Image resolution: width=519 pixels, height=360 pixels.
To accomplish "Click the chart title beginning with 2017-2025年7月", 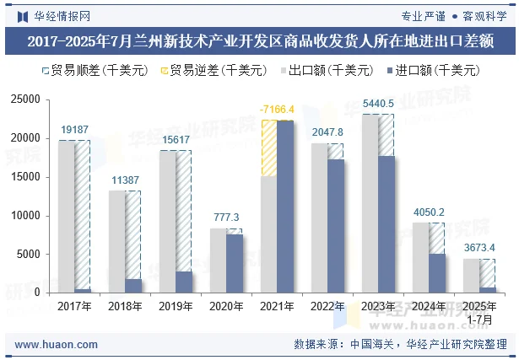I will tap(259, 40).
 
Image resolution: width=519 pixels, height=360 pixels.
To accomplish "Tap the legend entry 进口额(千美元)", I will tap(431, 71).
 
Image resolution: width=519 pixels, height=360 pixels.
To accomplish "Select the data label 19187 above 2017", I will tap(74, 130).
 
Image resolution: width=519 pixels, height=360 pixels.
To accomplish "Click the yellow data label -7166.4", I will tap(277, 110).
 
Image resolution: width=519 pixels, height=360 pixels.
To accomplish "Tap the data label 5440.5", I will tap(377, 104).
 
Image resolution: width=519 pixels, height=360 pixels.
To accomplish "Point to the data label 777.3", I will tap(226, 218).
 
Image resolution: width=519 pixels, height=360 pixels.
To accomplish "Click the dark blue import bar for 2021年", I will tap(285, 207).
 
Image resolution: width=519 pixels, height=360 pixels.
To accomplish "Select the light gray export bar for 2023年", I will tap(370, 203).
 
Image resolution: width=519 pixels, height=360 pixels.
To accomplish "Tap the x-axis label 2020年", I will tap(226, 307).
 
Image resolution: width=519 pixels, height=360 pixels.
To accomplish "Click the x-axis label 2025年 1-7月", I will tap(478, 312).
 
